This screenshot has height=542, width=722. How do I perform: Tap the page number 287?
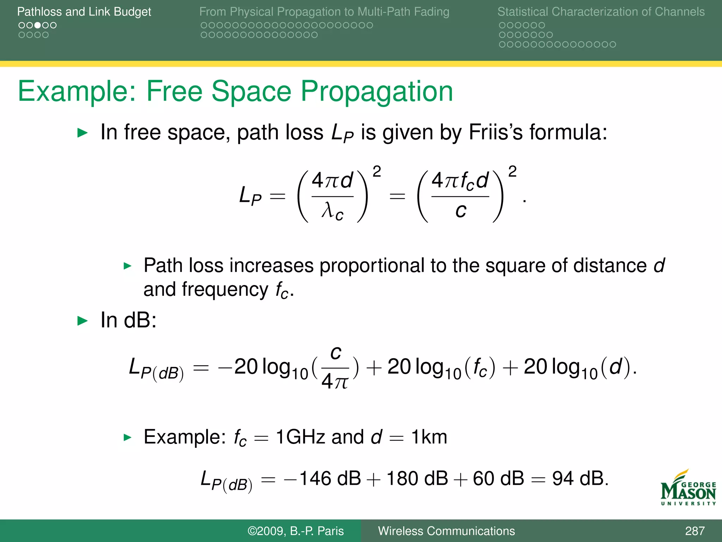pos(695,531)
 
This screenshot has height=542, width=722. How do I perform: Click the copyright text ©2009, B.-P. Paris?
pos(295,531)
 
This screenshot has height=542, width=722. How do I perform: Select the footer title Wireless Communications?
pos(446,531)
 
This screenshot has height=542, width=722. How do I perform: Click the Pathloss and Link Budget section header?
pos(84,12)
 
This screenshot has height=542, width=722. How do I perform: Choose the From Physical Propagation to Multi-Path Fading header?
pos(324,12)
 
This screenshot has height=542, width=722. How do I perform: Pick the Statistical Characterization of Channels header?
pos(601,12)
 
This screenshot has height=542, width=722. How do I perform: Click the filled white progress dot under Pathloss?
pos(37,25)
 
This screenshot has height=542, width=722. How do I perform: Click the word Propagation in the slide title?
pos(377,91)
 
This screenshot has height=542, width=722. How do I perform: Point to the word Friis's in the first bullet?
pos(496,132)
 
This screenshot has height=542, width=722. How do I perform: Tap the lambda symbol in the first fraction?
pos(328,211)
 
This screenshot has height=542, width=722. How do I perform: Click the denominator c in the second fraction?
pos(460,211)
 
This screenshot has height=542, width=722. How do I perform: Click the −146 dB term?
pos(322,479)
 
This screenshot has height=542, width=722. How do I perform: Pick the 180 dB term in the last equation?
pos(417,479)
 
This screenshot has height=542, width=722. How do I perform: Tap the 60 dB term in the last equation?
pos(498,479)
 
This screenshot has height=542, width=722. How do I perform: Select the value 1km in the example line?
pos(429,437)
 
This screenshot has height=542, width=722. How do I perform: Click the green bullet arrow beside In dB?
pos(82,321)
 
